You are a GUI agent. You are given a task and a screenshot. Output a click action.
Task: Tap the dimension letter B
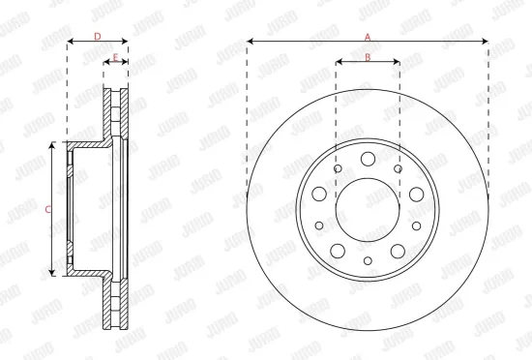point(368,56)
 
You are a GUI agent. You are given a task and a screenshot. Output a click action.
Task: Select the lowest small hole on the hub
point(368,259)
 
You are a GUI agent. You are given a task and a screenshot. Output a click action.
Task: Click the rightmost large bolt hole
point(416,195)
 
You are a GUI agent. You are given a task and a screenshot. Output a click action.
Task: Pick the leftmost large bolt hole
point(318,195)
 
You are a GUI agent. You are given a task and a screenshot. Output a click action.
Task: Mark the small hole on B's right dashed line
point(399,168)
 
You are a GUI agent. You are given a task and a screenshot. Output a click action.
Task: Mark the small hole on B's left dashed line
point(336,169)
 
